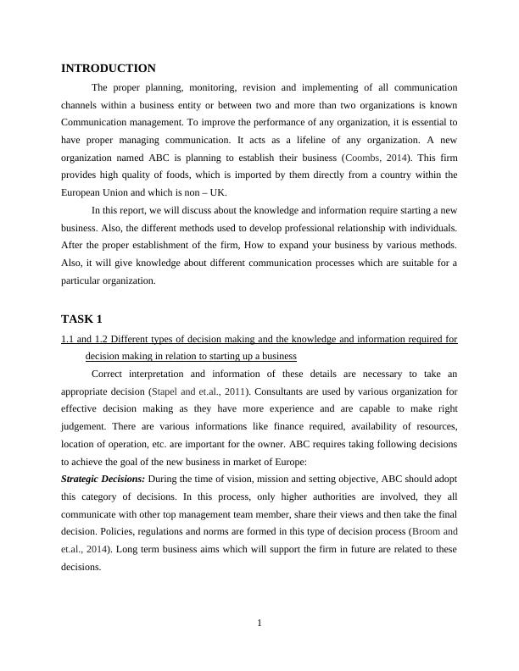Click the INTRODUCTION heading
tap(109, 68)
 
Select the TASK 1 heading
tap(81, 319)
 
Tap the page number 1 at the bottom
tap(259, 624)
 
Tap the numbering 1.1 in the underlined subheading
tap(68, 339)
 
